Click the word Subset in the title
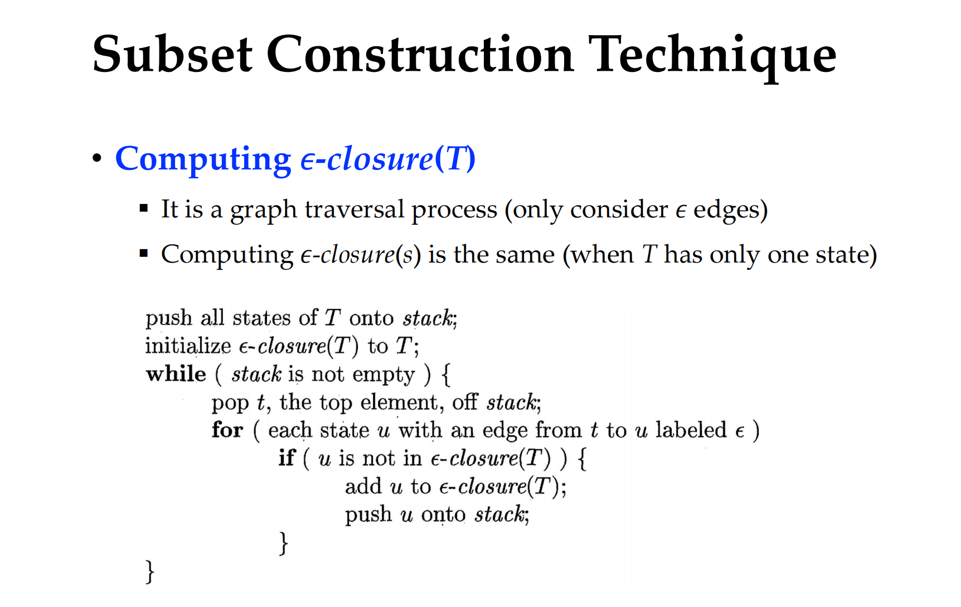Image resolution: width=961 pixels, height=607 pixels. click(172, 54)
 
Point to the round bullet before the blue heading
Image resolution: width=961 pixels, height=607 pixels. click(97, 158)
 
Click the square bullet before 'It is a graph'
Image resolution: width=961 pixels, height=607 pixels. click(144, 208)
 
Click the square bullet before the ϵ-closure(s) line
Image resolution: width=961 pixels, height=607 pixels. click(144, 254)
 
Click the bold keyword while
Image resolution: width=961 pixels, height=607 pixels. click(176, 373)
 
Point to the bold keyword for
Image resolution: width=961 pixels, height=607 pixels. click(227, 430)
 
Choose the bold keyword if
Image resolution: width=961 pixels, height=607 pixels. click(287, 458)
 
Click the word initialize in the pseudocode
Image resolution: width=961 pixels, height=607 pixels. click(188, 346)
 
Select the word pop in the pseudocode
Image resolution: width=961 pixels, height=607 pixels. click(230, 404)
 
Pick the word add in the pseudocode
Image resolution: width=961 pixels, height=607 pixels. click(363, 486)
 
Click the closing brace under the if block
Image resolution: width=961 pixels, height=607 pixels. click(284, 543)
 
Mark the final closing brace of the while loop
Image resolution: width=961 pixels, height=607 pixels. click(150, 571)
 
